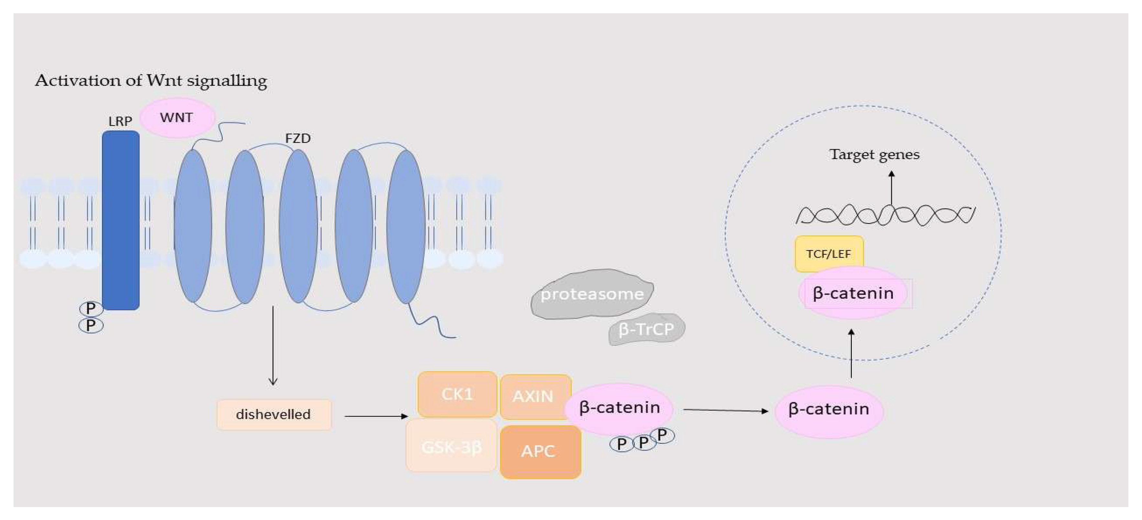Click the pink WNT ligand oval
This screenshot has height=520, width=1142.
coord(177,117)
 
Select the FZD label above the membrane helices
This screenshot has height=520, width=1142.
coord(297,139)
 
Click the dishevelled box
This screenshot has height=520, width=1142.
coord(274,415)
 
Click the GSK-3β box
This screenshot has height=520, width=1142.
coord(451,446)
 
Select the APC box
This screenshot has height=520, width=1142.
coord(540,451)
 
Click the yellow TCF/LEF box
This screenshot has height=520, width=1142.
coord(828,253)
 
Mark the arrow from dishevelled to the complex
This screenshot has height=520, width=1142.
coord(376,416)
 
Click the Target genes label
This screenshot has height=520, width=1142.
coord(874,154)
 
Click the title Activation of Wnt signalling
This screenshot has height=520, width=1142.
coord(151,81)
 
